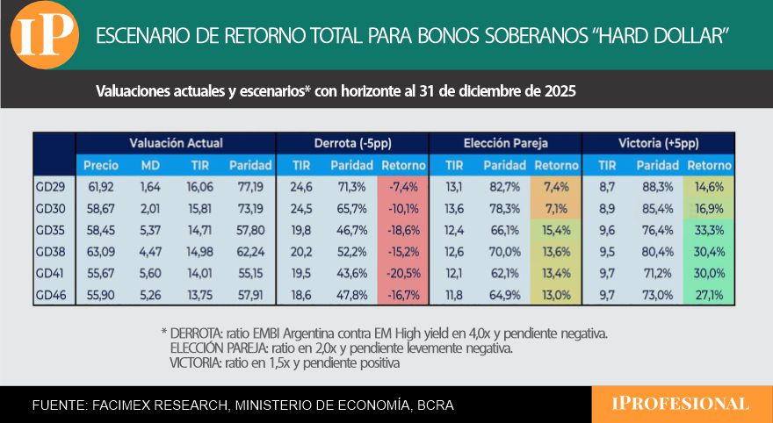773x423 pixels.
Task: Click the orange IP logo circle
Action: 47,35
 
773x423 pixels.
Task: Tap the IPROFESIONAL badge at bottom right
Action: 681,404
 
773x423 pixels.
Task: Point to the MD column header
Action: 150,165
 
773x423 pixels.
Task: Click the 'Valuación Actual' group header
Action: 176,142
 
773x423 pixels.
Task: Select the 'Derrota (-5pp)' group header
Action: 351,142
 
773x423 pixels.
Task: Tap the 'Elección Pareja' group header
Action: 505,142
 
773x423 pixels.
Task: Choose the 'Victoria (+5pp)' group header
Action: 658,142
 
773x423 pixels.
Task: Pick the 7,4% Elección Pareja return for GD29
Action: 556,188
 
